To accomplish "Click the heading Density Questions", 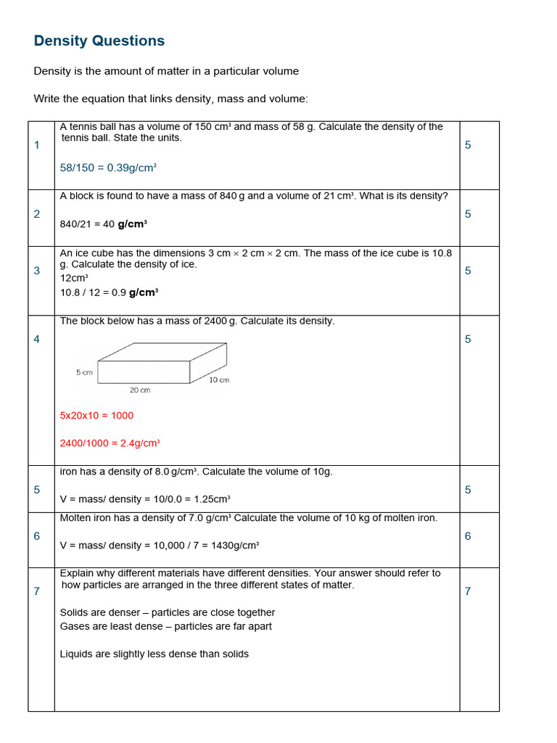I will pyautogui.click(x=99, y=41).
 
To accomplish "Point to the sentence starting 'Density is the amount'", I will pyautogui.click(x=166, y=71).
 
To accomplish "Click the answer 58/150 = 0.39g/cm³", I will pyautogui.click(x=108, y=168).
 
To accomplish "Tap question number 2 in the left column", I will pyautogui.click(x=37, y=214).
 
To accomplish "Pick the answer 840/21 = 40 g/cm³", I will pyautogui.click(x=103, y=224).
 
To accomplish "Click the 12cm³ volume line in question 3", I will pyautogui.click(x=74, y=278).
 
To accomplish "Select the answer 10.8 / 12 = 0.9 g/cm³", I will pyautogui.click(x=109, y=292).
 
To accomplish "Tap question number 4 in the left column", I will pyautogui.click(x=37, y=339).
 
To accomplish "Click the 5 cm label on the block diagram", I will pyautogui.click(x=84, y=372).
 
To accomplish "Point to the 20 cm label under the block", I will pyautogui.click(x=139, y=390).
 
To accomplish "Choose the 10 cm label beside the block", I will pyautogui.click(x=218, y=380).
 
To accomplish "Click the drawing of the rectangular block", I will pyautogui.click(x=162, y=363).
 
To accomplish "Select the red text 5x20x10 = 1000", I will pyautogui.click(x=96, y=416).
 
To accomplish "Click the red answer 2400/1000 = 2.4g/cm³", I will pyautogui.click(x=110, y=443).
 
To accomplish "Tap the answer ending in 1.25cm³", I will pyautogui.click(x=145, y=499).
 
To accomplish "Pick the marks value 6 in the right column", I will pyautogui.click(x=468, y=536).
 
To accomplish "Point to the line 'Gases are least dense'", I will pyautogui.click(x=166, y=626).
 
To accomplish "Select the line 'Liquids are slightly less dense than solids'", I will pyautogui.click(x=154, y=654).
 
